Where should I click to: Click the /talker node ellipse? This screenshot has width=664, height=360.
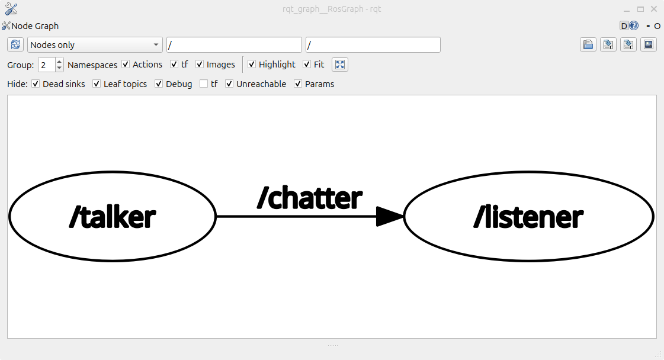click(x=113, y=217)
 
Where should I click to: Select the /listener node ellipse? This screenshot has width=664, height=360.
click(x=528, y=217)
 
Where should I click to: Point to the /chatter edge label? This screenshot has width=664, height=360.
click(x=309, y=198)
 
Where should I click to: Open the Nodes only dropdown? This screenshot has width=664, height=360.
click(x=95, y=45)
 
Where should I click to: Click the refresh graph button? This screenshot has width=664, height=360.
click(x=15, y=45)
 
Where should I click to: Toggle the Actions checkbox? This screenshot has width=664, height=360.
click(x=126, y=65)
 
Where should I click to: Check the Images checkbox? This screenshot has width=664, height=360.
click(x=200, y=65)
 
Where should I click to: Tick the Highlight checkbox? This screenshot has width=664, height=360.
click(x=252, y=65)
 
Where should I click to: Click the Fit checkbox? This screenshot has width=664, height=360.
click(x=307, y=65)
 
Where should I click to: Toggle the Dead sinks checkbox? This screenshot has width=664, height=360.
click(x=36, y=84)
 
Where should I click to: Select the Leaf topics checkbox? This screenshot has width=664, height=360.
click(x=97, y=84)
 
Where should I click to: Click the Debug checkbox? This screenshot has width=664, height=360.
click(x=159, y=84)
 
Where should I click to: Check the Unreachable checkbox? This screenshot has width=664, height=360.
click(x=229, y=84)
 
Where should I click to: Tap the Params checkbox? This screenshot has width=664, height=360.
click(x=298, y=84)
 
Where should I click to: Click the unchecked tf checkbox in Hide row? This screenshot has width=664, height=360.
click(x=204, y=84)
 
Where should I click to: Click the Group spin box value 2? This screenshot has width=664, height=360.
click(x=46, y=65)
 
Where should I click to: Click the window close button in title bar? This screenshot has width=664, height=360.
click(x=654, y=9)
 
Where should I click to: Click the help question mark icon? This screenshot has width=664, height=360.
click(x=634, y=26)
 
